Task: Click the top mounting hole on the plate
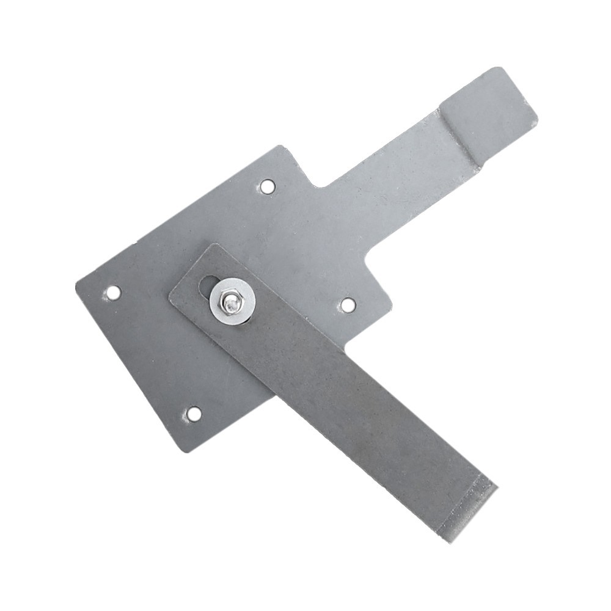pyautogui.click(x=267, y=186)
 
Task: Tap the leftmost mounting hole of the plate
pyautogui.click(x=113, y=293)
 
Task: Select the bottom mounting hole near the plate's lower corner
pyautogui.click(x=193, y=414)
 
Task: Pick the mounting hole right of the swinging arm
pyautogui.click(x=348, y=304)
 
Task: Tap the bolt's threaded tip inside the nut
pyautogui.click(x=230, y=301)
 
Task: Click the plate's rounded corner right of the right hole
pyautogui.click(x=389, y=302)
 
